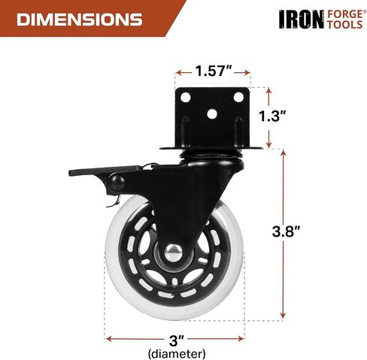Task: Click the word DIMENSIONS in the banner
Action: pyautogui.click(x=79, y=19)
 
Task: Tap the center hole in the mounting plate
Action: pyautogui.click(x=212, y=115)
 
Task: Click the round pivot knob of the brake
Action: pyautogui.click(x=117, y=183)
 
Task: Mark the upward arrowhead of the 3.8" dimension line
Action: pyautogui.click(x=284, y=153)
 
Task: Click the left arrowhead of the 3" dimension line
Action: pyautogui.click(x=108, y=337)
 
